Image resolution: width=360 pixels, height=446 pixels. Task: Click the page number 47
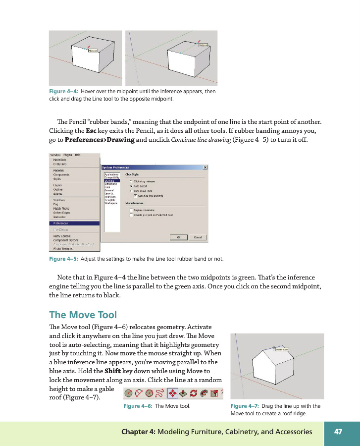point(338,432)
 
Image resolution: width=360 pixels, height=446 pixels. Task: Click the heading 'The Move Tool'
point(83,315)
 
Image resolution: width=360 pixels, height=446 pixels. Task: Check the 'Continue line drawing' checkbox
point(135,196)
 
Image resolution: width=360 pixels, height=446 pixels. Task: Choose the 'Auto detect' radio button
point(131,186)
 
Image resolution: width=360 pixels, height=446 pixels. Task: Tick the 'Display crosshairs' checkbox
point(131,210)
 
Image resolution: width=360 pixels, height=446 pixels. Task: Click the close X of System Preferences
point(205,167)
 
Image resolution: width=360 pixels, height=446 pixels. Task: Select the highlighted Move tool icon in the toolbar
point(173,393)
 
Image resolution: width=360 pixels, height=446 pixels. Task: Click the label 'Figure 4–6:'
point(138,406)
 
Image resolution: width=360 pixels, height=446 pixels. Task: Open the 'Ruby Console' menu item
point(63,236)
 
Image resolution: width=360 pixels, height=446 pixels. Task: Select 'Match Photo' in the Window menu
point(62,208)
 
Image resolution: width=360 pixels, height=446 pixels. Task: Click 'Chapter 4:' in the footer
point(138,432)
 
